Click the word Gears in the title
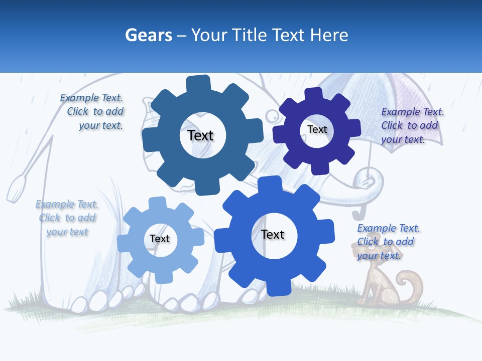[x=148, y=35]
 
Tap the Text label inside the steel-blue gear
[x=200, y=135]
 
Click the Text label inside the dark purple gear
[x=317, y=129]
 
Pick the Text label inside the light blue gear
[x=160, y=239]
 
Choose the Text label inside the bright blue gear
[x=273, y=235]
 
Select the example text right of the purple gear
[x=411, y=125]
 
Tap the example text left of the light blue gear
[x=67, y=218]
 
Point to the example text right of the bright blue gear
[x=387, y=242]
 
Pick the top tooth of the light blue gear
[x=157, y=204]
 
